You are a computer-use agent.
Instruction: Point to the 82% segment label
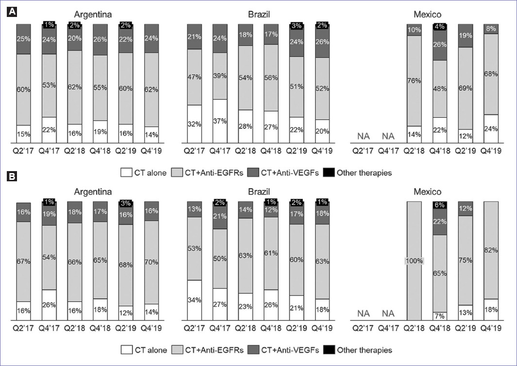(x=490, y=250)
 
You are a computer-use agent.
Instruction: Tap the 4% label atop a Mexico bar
(x=440, y=27)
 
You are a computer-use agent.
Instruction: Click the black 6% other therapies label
(x=440, y=205)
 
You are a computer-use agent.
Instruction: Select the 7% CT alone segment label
(x=440, y=316)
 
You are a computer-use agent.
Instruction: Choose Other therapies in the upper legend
(x=364, y=172)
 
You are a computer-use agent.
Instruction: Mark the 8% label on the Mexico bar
(x=490, y=29)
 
